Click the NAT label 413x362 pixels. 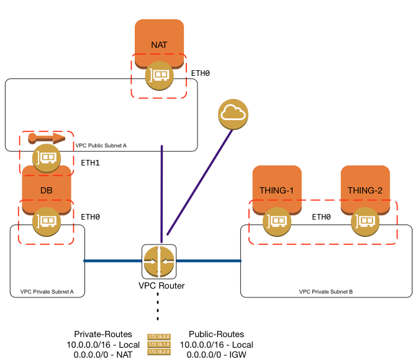pos(159,45)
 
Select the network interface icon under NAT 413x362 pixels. pos(159,76)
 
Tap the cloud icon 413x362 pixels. pos(233,114)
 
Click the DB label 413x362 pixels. pos(47,190)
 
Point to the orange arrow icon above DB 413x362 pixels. pos(47,137)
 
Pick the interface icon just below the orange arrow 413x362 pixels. pos(47,158)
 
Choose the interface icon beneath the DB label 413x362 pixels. pos(47,221)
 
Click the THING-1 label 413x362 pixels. pos(276,190)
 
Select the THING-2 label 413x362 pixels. pos(365,190)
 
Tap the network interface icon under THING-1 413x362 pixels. pos(277,221)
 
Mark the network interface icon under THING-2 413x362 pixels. pos(365,221)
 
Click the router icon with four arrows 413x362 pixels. pos(159,261)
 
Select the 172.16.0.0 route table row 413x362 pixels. pos(158,336)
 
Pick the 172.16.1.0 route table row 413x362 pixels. pos(158,344)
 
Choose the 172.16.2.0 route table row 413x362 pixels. pos(158,351)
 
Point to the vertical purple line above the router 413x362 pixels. pos(161,193)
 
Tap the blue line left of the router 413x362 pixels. pos(112,261)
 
